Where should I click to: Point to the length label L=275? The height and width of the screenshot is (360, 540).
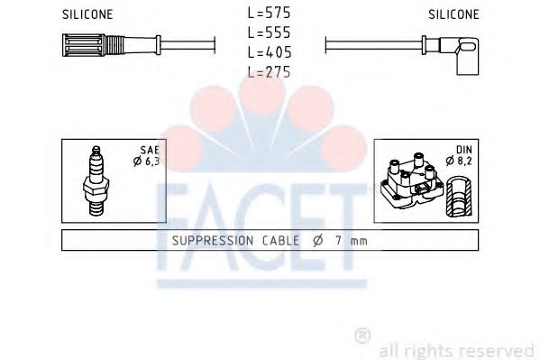tap(269, 73)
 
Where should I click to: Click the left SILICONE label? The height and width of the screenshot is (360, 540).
tap(87, 15)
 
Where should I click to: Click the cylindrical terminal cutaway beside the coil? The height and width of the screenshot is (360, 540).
tap(461, 193)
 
